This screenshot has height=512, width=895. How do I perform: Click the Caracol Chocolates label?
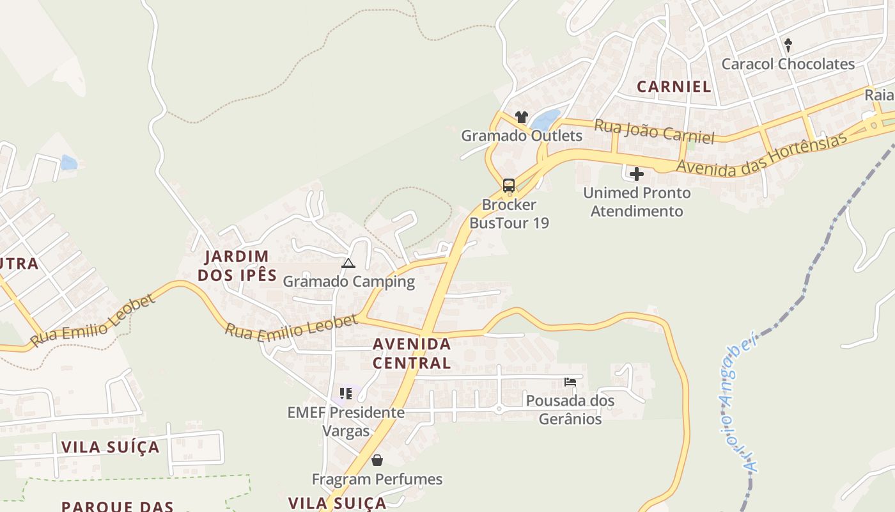tap(788, 64)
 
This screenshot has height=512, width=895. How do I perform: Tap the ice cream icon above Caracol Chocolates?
tap(788, 45)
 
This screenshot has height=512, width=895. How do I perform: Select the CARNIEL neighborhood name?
tap(674, 87)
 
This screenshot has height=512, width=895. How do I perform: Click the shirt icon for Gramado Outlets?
tap(522, 117)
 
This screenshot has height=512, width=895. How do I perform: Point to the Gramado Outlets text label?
tap(522, 136)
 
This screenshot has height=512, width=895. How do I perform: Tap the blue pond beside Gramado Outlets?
tap(545, 119)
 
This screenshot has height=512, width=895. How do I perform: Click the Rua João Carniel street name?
tap(653, 131)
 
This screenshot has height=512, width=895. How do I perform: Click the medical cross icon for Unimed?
tap(637, 174)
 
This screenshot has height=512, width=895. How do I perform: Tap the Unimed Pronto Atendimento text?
tap(637, 202)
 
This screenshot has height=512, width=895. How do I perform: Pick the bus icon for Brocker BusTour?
tap(509, 186)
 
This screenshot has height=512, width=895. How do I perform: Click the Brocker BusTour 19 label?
tap(509, 214)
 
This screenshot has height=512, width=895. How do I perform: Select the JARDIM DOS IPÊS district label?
tap(237, 266)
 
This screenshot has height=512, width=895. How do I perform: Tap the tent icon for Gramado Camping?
tap(348, 263)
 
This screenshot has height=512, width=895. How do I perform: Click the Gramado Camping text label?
tap(348, 282)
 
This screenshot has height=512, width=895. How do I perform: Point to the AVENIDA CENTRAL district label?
tap(412, 353)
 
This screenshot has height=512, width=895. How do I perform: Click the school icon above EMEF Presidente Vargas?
tap(346, 393)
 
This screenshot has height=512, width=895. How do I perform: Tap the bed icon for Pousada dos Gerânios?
tap(570, 382)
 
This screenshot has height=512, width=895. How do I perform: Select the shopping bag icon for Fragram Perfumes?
tap(377, 460)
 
